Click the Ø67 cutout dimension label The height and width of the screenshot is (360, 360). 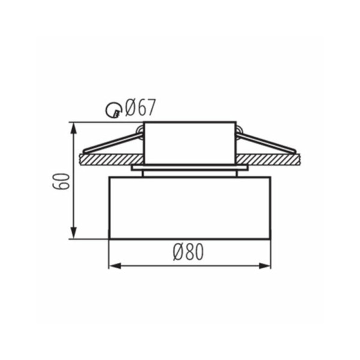[x=140, y=107]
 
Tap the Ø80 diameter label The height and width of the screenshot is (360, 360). [x=188, y=252]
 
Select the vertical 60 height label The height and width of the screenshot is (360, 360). [x=61, y=181]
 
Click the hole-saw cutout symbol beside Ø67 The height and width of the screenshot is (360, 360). [x=113, y=110]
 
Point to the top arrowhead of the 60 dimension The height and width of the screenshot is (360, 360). [x=73, y=128]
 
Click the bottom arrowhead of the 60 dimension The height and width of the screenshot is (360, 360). [x=73, y=233]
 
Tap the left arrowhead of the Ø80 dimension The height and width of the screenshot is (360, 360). [x=115, y=266]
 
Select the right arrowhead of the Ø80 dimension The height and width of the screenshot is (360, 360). [x=265, y=266]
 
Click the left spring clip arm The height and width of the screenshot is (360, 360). [x=113, y=143]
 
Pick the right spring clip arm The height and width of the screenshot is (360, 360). [x=266, y=143]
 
